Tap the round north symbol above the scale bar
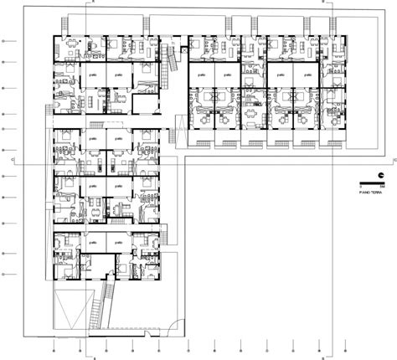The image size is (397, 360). coord(381,174)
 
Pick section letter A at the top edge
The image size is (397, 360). coord(95,3)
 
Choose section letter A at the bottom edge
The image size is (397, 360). coord(95,356)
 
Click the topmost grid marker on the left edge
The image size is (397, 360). coord(4,40)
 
